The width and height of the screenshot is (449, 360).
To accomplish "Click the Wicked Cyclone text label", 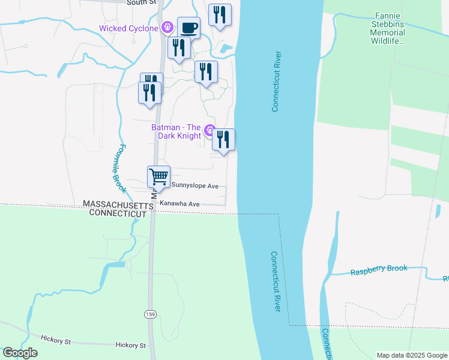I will coord(128,28).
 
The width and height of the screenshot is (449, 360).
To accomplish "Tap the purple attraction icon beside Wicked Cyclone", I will coord(167,28).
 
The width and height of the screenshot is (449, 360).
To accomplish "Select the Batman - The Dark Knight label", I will coord(176,131).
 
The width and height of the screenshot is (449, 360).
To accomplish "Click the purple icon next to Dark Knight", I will coord(209,130).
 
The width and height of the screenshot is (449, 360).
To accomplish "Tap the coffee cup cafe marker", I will coord(189,28).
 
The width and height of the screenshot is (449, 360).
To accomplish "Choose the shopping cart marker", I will coord(158,177).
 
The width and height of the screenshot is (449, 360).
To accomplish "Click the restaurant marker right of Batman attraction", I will coord(223,140).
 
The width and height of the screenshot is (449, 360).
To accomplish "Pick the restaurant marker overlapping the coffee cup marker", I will coord(178,48).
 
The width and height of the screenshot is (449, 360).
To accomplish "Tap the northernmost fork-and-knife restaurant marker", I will coord(220,15).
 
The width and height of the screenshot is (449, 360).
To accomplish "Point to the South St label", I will coord(142,2).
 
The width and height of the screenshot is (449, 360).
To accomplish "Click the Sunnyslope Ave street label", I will coord(195,186).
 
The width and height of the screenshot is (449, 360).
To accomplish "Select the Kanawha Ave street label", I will coord(179,204).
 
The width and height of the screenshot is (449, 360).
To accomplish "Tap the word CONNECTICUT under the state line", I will coord(118,214).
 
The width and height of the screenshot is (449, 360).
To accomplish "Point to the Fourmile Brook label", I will coord(118,168).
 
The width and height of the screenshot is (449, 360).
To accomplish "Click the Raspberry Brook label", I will coord(379,270).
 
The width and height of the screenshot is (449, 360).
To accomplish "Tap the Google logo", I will coord(20,353).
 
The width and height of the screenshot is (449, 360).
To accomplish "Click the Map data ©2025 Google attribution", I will coord(411,355).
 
